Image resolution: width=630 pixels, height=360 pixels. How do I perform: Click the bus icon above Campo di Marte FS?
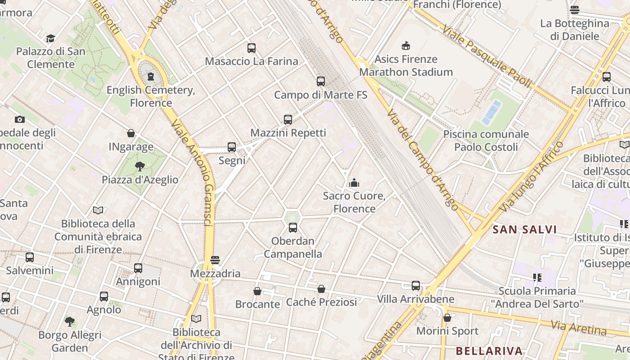coord(320,81)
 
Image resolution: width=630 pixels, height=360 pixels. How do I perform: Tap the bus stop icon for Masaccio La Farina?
coord(251,48)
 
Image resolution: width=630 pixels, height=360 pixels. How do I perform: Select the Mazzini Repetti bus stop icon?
coord(288,120)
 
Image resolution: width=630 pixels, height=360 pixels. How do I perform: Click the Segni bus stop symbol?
coord(232,147)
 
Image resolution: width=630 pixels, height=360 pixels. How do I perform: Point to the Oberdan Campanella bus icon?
coord(293,228)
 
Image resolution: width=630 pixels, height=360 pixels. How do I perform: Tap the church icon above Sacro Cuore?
coord(354,183)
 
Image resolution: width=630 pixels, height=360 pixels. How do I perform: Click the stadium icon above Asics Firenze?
coord(406,45)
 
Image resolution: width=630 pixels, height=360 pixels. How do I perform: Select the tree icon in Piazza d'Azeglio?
coord(140,166)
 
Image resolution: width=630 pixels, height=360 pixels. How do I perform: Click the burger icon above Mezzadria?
coord(215,260)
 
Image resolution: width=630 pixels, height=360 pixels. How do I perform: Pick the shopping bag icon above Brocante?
coord(257,291)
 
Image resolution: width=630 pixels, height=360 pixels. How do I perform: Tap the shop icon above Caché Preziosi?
coord(321,289)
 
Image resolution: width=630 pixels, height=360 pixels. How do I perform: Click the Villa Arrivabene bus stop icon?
coord(416,286)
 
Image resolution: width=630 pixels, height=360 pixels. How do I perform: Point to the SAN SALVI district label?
coord(525,229)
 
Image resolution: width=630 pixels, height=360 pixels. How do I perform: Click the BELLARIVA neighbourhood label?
coord(489,351)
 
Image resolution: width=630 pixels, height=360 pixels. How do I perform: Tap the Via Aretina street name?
coord(579,328)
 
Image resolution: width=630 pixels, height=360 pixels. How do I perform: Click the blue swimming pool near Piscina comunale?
coord(491,112)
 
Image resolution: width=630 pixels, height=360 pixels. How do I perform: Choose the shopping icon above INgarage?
coord(131,134)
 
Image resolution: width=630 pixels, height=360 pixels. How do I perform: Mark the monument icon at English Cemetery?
coord(151,76)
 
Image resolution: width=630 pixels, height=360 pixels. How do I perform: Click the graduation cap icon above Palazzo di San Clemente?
coord(50,38)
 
